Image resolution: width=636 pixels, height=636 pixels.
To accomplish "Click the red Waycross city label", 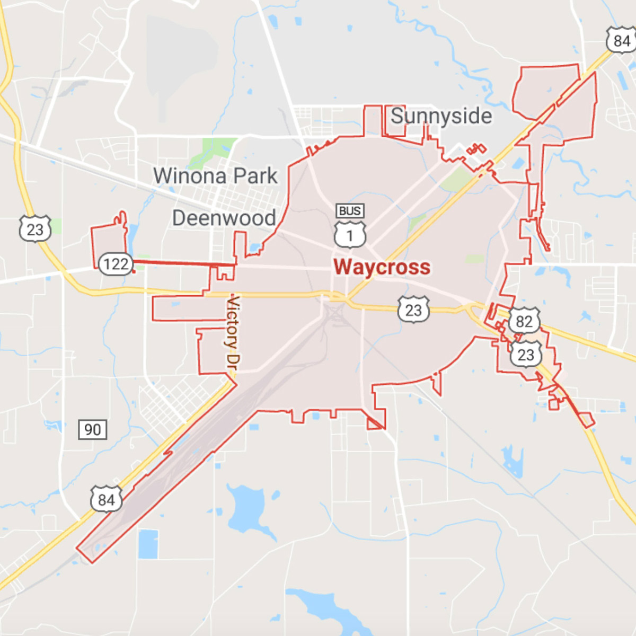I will click(x=382, y=267).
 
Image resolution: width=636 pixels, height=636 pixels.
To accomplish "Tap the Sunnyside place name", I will click(x=441, y=116).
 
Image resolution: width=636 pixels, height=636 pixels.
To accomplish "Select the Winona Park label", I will click(x=215, y=176).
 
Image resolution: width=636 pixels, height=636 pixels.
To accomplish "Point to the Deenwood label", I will click(x=224, y=218).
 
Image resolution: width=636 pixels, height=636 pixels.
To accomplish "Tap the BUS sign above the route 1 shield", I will click(x=350, y=211).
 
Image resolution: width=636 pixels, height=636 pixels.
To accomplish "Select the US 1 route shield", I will click(x=350, y=235).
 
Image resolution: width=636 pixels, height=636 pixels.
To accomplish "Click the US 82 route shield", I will click(x=524, y=321).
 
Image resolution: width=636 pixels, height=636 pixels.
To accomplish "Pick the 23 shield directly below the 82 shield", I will click(x=525, y=354).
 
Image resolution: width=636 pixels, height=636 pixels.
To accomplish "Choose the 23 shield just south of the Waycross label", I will click(x=413, y=310).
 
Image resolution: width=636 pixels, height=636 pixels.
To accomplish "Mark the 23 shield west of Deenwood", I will click(x=35, y=229).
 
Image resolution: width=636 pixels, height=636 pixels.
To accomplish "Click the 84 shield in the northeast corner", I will click(x=621, y=41).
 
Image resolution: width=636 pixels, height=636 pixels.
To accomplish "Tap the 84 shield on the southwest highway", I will click(x=106, y=499).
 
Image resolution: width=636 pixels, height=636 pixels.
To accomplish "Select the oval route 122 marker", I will click(x=116, y=263).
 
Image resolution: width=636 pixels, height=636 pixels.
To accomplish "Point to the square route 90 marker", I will click(x=92, y=429).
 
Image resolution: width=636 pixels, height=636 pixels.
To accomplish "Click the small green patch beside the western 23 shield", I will click(x=55, y=226).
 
